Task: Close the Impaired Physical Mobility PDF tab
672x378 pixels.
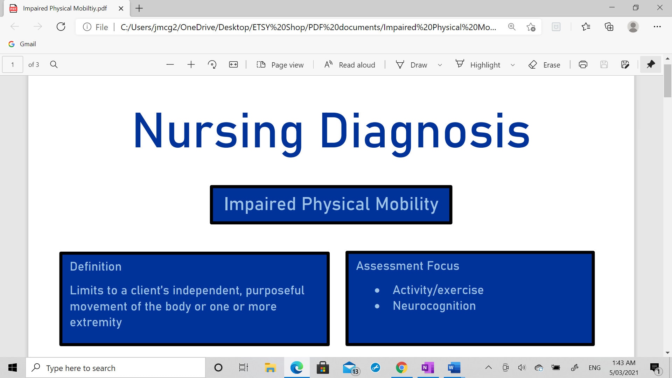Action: (121, 8)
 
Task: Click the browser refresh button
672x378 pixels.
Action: (61, 27)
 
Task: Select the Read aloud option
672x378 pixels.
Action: (350, 65)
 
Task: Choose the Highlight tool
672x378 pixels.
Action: (478, 65)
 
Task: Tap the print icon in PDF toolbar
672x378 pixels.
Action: (583, 64)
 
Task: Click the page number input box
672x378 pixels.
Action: (13, 65)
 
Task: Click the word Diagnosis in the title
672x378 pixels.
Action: (425, 132)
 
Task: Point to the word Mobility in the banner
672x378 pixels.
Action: (407, 204)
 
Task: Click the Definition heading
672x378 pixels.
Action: (96, 266)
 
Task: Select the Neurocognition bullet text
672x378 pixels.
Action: (434, 306)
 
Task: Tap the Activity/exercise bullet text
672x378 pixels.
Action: (438, 290)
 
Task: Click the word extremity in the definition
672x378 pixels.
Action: (96, 322)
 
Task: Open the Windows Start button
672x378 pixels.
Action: (13, 367)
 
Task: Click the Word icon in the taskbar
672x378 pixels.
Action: (454, 367)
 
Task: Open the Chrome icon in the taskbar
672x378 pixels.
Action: (401, 367)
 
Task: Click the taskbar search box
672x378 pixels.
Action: (115, 368)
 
